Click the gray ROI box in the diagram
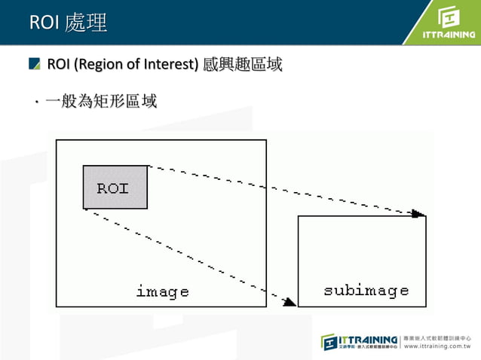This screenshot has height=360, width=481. tap(115, 187)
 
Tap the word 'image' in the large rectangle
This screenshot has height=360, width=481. tap(162, 291)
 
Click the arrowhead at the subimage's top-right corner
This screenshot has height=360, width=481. tap(418, 213)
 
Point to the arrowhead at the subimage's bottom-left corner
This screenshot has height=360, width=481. tap(290, 302)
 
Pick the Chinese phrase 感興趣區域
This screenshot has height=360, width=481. tap(243, 65)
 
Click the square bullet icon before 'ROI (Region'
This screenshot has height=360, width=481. tap(35, 64)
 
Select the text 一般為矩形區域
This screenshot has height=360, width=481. tap(101, 100)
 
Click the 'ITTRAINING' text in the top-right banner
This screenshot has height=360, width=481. tap(449, 34)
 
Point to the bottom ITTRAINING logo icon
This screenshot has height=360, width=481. tap(330, 341)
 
